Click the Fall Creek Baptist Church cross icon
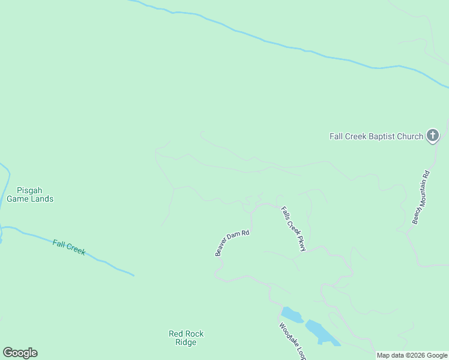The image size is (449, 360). (432, 136)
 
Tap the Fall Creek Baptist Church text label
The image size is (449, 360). (376, 136)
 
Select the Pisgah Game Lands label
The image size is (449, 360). (30, 194)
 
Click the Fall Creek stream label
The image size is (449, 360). (68, 247)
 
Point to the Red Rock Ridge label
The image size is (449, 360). (186, 338)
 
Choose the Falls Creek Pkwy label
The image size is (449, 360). (294, 229)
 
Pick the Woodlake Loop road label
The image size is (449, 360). (292, 341)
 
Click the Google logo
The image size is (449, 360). (20, 353)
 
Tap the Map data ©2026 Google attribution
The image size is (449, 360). (412, 355)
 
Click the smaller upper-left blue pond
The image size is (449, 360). (292, 314)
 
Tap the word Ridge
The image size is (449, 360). (186, 343)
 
